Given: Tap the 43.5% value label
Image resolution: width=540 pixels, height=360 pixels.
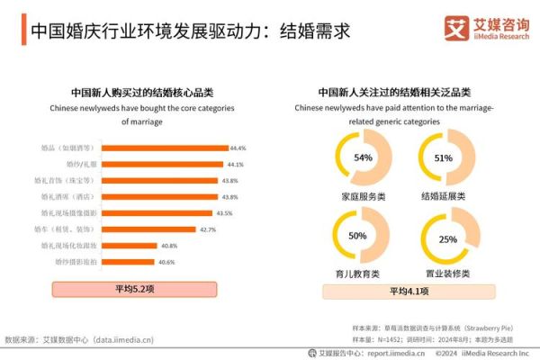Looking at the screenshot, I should point(225,213).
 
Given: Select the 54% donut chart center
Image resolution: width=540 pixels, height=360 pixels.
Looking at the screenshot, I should point(363,157).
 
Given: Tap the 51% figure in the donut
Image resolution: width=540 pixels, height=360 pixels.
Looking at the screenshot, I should point(443,157).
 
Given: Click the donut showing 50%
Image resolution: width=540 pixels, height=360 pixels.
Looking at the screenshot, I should point(357,236).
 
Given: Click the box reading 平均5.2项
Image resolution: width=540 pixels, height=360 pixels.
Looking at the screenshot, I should point(136,289).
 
